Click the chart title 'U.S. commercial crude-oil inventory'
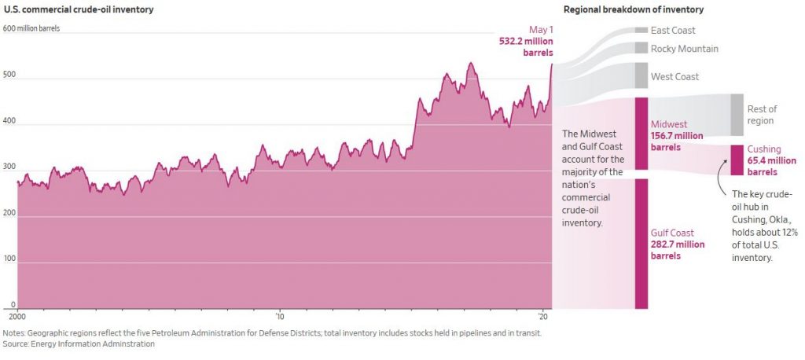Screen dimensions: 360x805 78,9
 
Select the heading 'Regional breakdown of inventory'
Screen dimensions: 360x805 633,9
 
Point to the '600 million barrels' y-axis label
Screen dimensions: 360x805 31,28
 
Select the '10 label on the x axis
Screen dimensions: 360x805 279,317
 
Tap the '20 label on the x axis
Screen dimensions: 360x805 543,317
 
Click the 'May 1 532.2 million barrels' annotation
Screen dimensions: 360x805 525,41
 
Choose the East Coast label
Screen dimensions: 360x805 673,31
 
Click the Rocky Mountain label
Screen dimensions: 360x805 684,49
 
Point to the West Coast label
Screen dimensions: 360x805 675,77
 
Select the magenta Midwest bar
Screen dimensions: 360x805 641,134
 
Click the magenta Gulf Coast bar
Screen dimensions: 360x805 641,243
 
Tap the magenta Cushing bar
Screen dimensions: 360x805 737,160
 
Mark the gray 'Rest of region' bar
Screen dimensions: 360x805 737,115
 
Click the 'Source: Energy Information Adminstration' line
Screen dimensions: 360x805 79,344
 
